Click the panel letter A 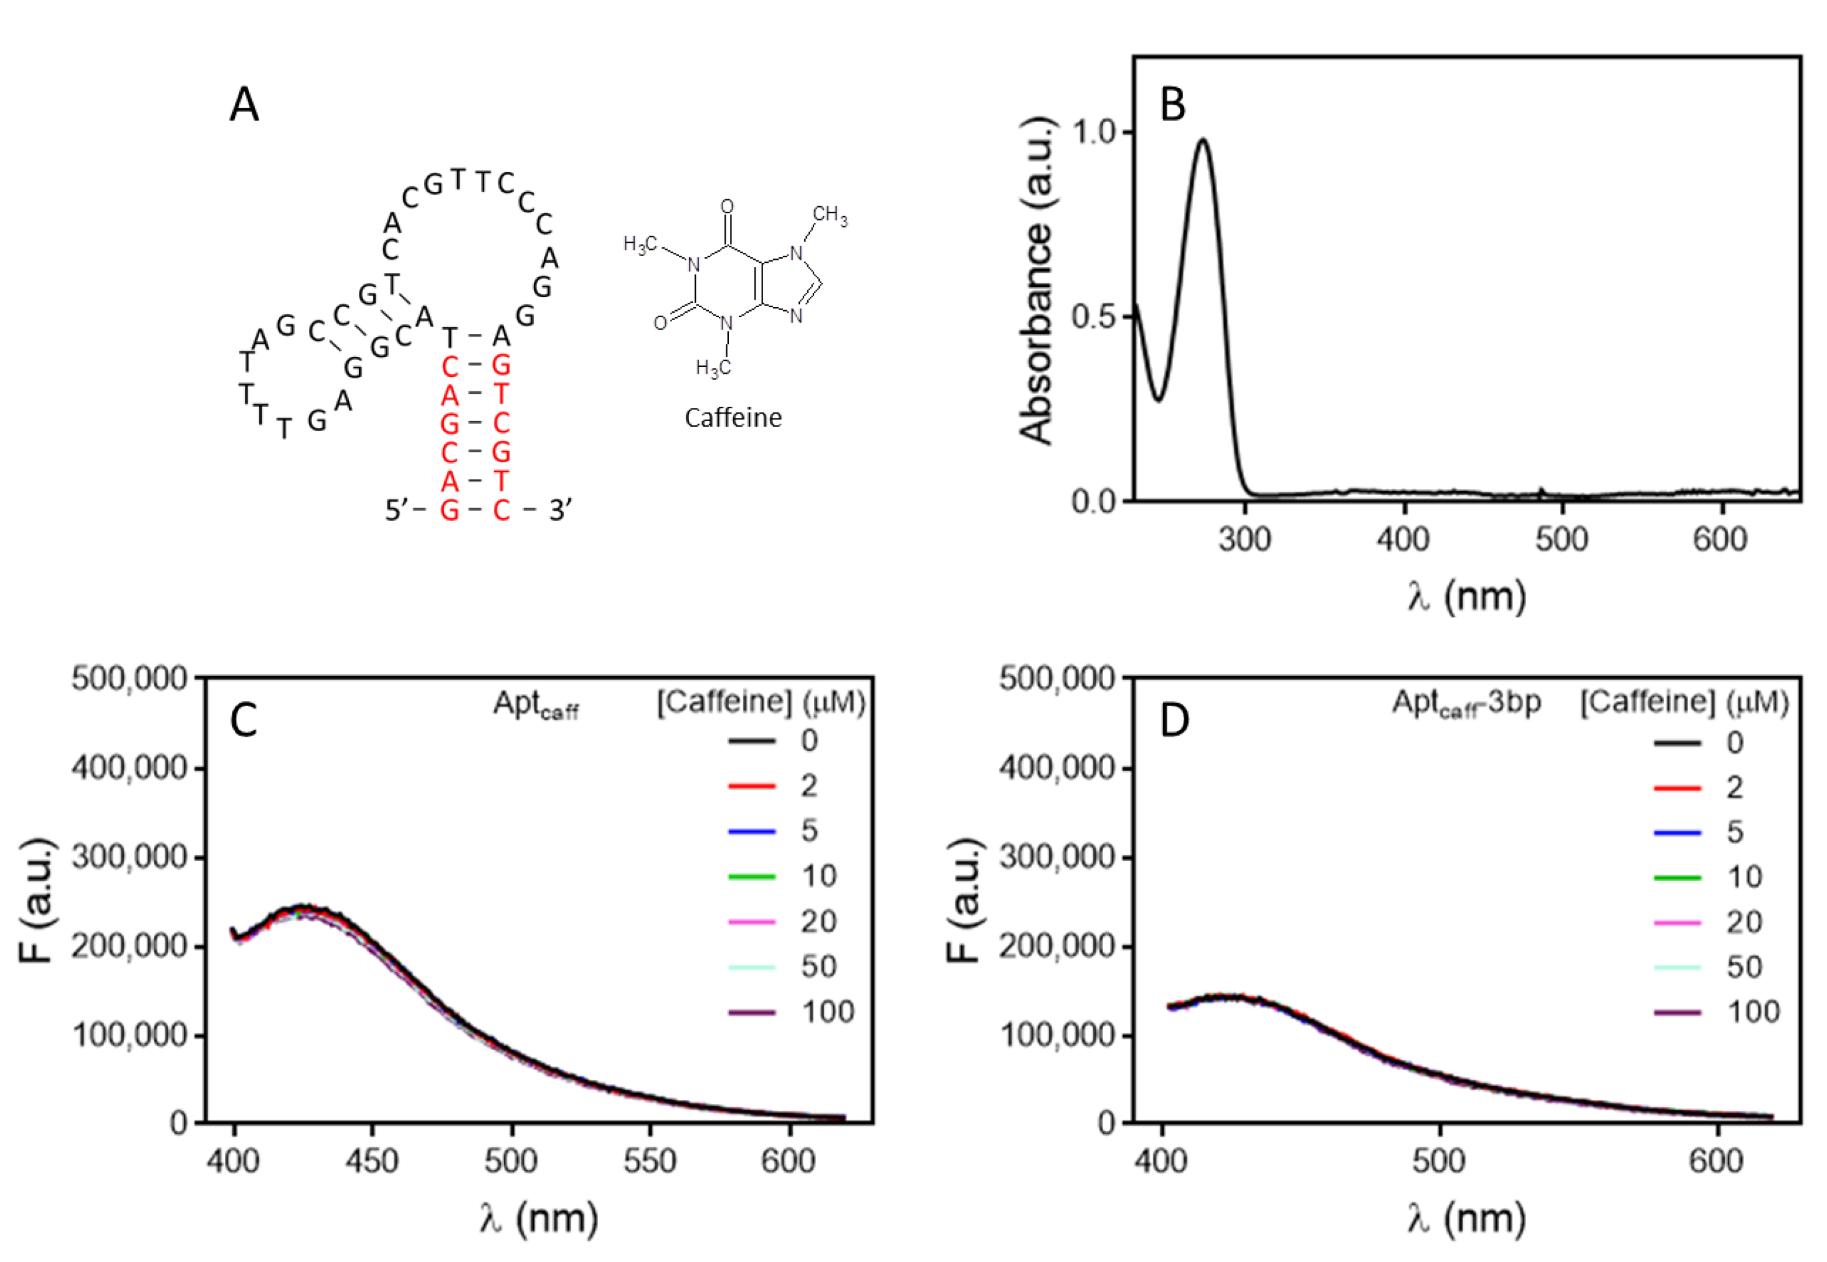click(x=244, y=105)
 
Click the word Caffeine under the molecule click(x=732, y=417)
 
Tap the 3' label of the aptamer click(x=560, y=510)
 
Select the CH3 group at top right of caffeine click(x=829, y=215)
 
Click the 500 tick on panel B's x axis click(x=1562, y=539)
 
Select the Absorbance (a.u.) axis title click(x=1037, y=281)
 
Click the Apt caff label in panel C click(x=535, y=704)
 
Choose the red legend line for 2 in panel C click(x=751, y=786)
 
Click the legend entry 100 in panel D click(x=1753, y=1012)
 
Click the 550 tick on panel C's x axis click(x=650, y=1161)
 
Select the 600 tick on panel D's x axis click(x=1716, y=1161)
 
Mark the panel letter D click(x=1174, y=719)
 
